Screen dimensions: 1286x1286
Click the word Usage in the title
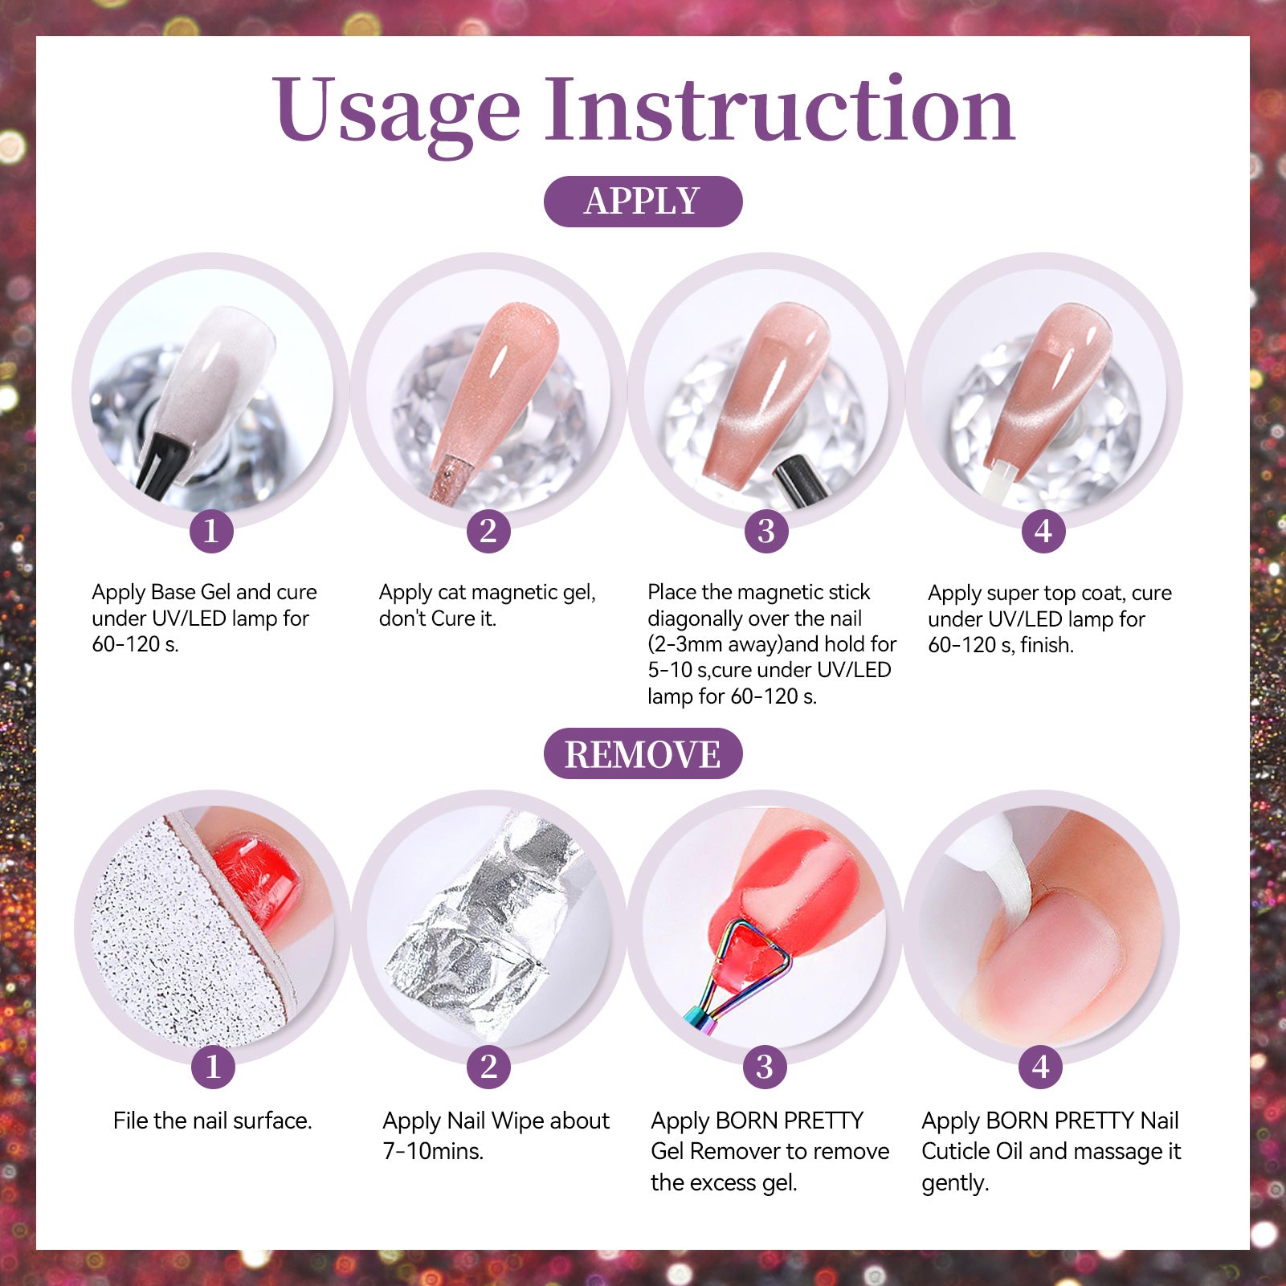(x=397, y=112)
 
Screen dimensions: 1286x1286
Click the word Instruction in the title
(x=780, y=108)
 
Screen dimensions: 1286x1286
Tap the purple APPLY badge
(x=643, y=201)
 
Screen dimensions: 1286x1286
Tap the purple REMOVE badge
(x=643, y=753)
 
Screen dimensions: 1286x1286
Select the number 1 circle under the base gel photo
(x=211, y=531)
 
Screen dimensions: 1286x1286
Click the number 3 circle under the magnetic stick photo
(x=765, y=531)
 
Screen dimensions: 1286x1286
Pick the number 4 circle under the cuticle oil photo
(x=1041, y=1067)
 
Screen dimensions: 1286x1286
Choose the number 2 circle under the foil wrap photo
(x=488, y=1067)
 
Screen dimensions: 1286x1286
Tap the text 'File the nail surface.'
(x=213, y=1121)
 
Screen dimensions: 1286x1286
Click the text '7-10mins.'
(x=433, y=1151)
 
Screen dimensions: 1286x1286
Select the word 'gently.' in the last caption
(x=955, y=1183)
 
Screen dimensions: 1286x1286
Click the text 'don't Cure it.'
(x=438, y=619)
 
